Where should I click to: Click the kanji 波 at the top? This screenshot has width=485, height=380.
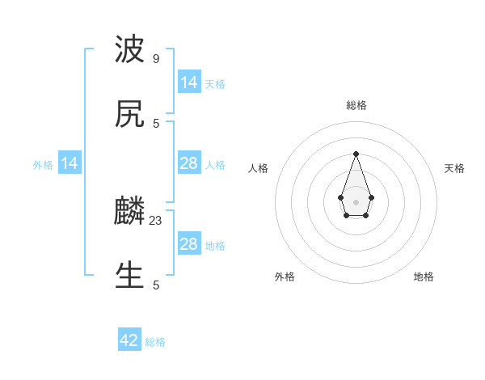coord(129,51)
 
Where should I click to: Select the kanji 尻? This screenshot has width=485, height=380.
coord(129,115)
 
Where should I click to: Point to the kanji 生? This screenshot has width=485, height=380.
coord(129,276)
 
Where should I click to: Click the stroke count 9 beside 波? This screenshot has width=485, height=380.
coord(156,59)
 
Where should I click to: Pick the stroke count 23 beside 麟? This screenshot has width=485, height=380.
coord(157,220)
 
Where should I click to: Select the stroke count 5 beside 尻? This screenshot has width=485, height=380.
coord(156,123)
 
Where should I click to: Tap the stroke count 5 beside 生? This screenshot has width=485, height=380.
coord(156,285)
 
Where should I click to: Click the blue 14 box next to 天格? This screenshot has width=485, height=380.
coord(188,82)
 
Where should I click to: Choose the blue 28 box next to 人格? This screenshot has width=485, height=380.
coord(188,163)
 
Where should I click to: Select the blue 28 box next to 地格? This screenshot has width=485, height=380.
coord(188,244)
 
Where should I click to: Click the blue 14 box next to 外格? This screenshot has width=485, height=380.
coord(70,163)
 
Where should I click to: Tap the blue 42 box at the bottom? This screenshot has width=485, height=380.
coord(129,340)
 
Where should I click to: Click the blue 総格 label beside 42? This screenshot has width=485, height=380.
coord(155,342)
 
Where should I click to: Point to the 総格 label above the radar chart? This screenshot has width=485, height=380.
coord(356,105)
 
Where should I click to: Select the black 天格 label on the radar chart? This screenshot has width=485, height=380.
coord(454,168)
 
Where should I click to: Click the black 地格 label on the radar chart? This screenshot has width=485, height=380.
coord(424,277)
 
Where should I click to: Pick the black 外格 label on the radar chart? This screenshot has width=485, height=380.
coord(285,277)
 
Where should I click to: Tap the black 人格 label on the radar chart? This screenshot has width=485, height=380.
coord(258,168)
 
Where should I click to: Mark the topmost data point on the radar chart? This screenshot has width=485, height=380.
coord(356,153)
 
